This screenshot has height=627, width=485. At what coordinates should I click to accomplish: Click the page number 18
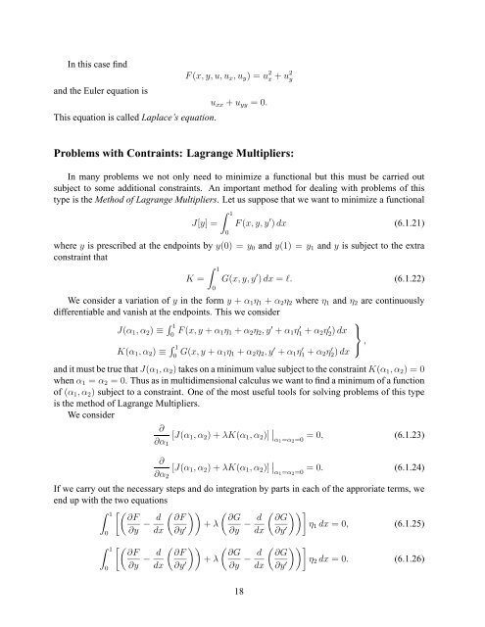click(x=240, y=611)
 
